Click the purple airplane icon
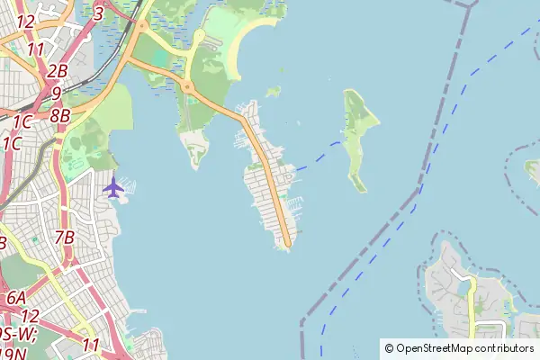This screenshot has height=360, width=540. pos(113,188)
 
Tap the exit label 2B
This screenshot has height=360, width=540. pos(58,71)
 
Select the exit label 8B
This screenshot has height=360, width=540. pos(60,115)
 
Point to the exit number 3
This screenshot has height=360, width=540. pos(98,13)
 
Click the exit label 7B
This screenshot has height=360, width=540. pos(64,238)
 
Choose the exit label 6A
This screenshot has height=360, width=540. pos(16,298)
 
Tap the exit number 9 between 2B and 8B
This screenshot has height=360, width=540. pos(56,93)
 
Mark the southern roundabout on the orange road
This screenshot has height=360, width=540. pos(188,87)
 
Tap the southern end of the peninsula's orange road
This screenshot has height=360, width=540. pos(287,241)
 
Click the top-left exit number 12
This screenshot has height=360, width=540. pos(25,21)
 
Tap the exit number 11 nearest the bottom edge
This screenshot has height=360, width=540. pos(90,344)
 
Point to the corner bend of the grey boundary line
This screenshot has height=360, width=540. pos(418,189)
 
